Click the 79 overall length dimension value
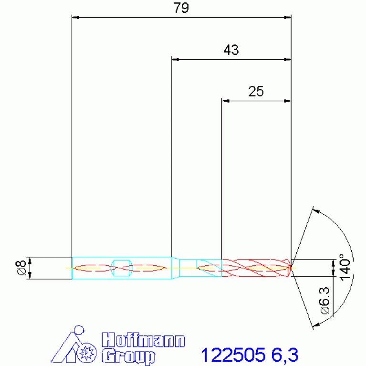pyautogui.click(x=181, y=8)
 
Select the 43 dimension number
pyautogui.click(x=231, y=50)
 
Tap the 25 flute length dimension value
pyautogui.click(x=256, y=91)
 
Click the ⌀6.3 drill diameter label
pyautogui.click(x=324, y=301)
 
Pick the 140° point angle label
pyautogui.click(x=345, y=267)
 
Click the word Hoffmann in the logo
pyautogui.click(x=143, y=340)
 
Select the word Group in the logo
pyautogui.click(x=128, y=356)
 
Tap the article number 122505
pyautogui.click(x=233, y=355)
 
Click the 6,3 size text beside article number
pyautogui.click(x=284, y=355)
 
